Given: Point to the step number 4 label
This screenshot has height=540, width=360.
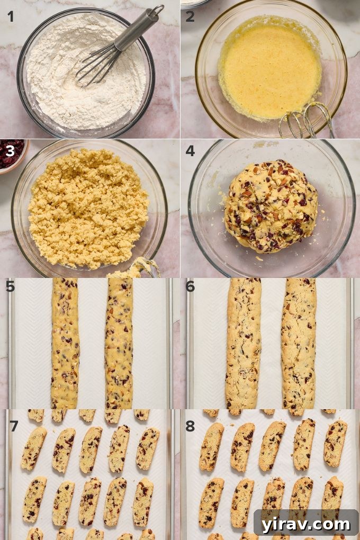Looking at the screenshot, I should [x=190, y=152].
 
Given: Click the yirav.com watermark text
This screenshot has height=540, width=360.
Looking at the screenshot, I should [x=306, y=524].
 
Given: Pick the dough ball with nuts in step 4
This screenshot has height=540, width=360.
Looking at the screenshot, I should [x=271, y=206].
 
